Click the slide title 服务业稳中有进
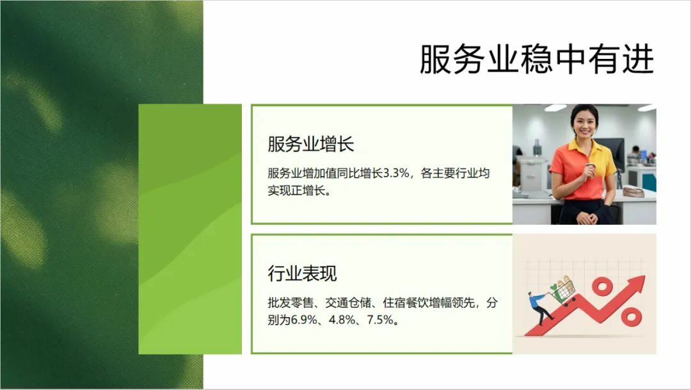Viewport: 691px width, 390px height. pos(536,59)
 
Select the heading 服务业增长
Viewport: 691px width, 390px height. pos(311,144)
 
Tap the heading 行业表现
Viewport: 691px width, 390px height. pos(302,273)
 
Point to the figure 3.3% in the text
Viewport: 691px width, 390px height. pos(396,173)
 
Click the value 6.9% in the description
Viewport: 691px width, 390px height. pos(305,320)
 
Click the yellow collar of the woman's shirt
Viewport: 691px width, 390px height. pos(583,145)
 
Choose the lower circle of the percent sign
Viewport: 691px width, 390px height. pos(631,316)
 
